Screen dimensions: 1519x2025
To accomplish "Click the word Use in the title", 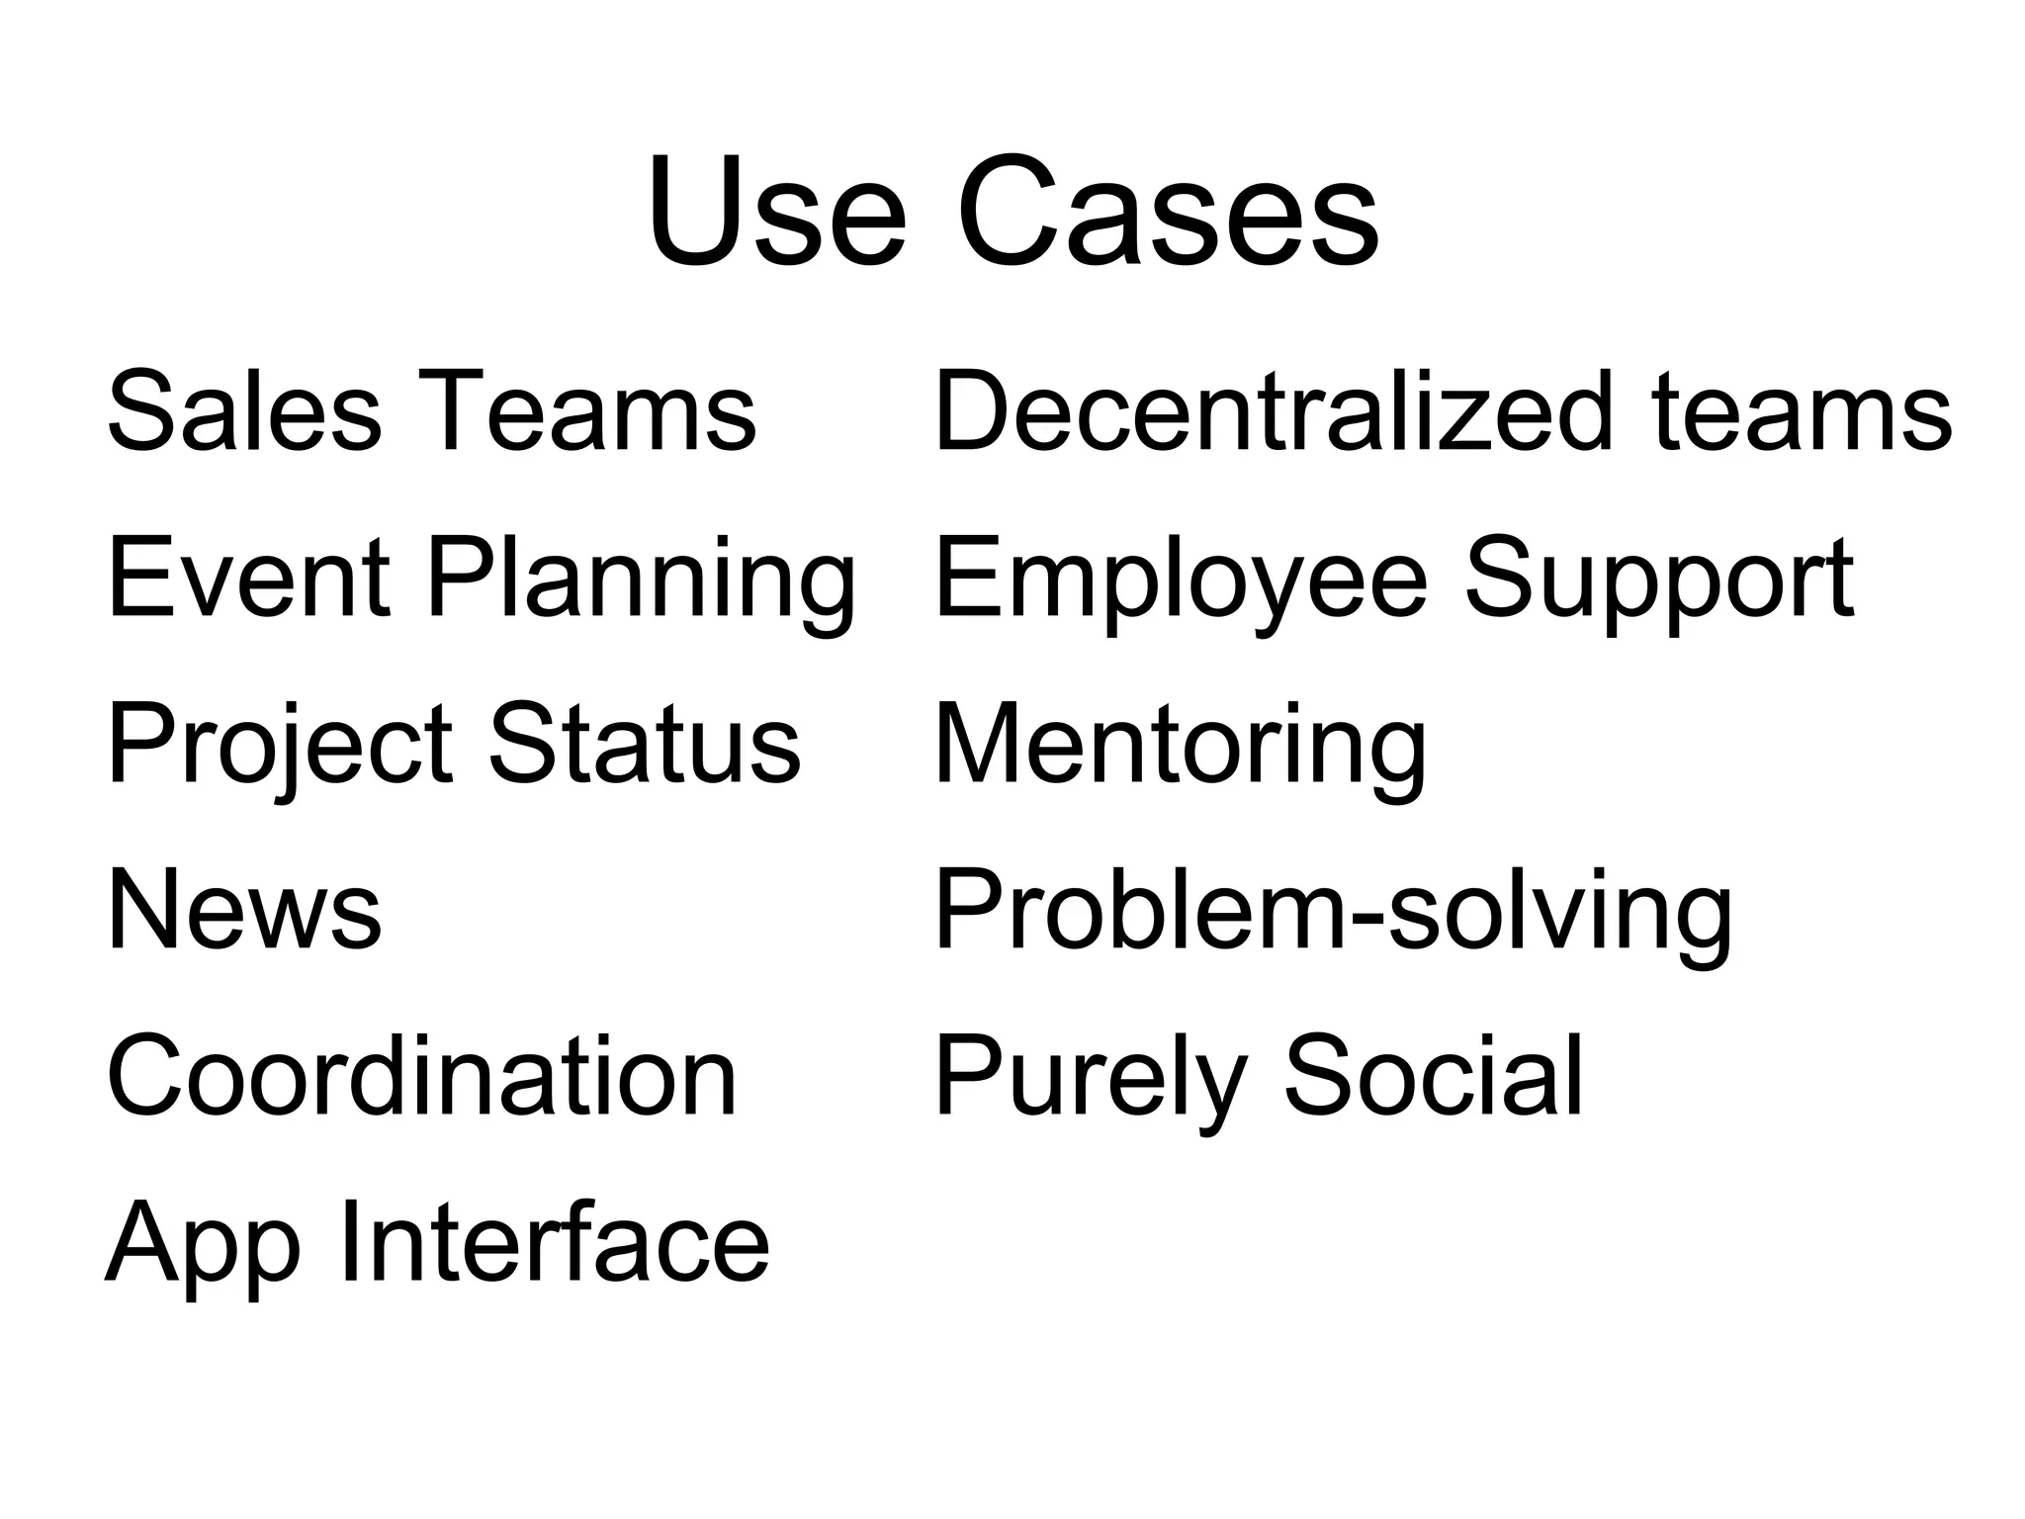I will click(x=776, y=214).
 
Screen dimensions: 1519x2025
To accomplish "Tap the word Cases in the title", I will click(x=1167, y=214).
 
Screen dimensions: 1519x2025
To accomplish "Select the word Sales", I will click(x=243, y=410).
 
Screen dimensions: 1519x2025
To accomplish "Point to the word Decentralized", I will click(x=1275, y=410).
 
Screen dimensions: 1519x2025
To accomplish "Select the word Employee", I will click(x=1181, y=583).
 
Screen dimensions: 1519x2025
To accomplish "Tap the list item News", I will click(x=243, y=910).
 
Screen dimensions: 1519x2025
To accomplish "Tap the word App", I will click(x=202, y=1246).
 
